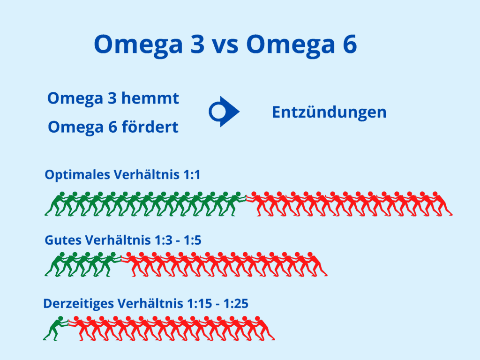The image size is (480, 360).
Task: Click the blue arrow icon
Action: point(224,112)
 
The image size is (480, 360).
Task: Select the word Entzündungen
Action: point(329,112)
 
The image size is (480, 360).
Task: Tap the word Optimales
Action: point(77,175)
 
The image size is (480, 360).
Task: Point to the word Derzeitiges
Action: point(79,304)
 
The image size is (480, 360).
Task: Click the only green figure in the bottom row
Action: point(55,328)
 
